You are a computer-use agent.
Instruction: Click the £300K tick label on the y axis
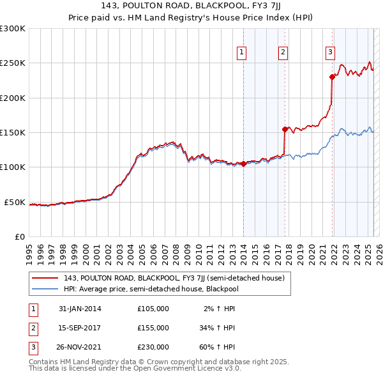click(13, 29)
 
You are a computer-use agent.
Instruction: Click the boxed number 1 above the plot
click(243, 53)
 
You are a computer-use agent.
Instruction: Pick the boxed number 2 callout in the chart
click(283, 53)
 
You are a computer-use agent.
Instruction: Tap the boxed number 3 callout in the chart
click(330, 53)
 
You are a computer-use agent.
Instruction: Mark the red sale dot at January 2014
click(243, 164)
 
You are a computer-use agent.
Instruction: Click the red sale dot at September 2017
click(285, 129)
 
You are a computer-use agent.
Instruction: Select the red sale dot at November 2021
click(332, 77)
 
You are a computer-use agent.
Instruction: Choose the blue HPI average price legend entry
click(151, 289)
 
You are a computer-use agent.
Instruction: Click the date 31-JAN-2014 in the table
click(80, 309)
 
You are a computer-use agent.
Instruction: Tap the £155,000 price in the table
click(153, 328)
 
